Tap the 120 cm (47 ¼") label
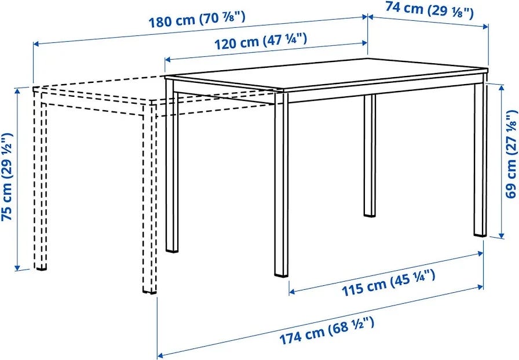point(261,41)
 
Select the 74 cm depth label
point(429,10)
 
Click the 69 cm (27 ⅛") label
point(511,154)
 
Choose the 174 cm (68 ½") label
point(327,330)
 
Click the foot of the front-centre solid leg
point(282,275)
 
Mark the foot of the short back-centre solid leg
point(370,215)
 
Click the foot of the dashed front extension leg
point(149,292)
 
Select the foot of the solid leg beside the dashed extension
point(172,251)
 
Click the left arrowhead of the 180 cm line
point(36,43)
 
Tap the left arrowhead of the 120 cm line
point(167,60)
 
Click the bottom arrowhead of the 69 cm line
point(501,235)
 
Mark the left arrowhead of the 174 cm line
point(160,354)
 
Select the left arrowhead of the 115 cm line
point(292,292)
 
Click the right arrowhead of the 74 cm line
point(485,27)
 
